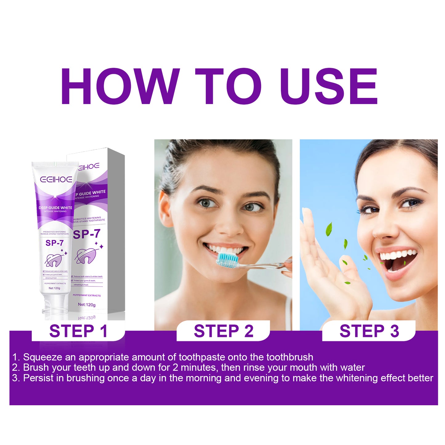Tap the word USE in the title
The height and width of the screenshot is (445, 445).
coord(329,87)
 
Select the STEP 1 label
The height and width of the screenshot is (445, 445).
coord(78,331)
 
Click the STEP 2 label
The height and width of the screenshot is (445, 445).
coord(224,331)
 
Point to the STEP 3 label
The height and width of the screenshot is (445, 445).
coord(369,331)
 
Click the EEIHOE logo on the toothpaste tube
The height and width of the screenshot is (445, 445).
coord(56,179)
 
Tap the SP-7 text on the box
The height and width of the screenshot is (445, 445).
coord(87,234)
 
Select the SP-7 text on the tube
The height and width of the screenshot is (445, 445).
coord(55,243)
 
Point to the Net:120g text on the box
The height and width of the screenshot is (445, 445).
coord(87,305)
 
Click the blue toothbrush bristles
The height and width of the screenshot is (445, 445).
coord(228,260)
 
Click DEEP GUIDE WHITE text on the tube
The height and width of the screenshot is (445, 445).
coord(55,208)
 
